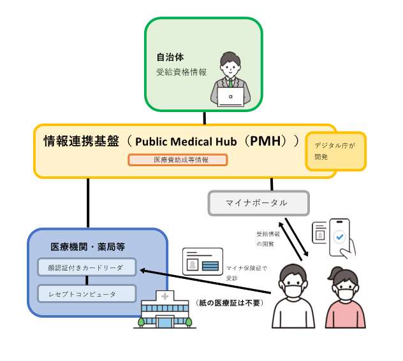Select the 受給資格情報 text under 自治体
pyautogui.click(x=181, y=72)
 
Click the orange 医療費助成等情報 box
pyautogui.click(x=178, y=160)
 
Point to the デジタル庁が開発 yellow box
pyautogui.click(x=335, y=151)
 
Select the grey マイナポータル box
pyautogui.click(x=258, y=203)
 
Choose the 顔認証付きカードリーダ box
pyautogui.click(x=87, y=267)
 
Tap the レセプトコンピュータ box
pyautogui.click(x=87, y=294)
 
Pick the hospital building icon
pyautogui.click(x=165, y=311)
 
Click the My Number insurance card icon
pyautogui.click(x=202, y=261)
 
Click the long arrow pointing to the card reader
pyautogui.click(x=210, y=282)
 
